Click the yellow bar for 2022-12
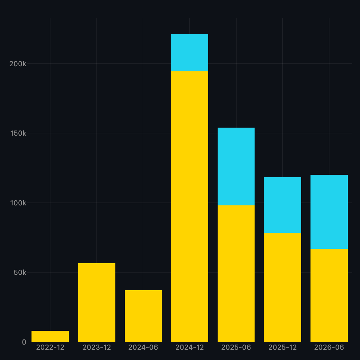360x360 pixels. click(50, 336)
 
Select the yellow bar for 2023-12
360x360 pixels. click(97, 302)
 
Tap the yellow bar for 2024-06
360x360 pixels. click(143, 316)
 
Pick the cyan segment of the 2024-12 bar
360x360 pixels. click(190, 53)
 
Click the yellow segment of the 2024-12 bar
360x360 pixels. click(190, 207)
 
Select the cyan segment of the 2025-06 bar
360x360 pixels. click(236, 166)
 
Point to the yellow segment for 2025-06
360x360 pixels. click(236, 274)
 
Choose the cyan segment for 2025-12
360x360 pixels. click(283, 205)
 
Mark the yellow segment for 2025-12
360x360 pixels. click(283, 287)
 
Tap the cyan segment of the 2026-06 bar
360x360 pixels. click(329, 212)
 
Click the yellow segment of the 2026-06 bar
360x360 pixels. click(329, 295)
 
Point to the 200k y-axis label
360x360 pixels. click(18, 64)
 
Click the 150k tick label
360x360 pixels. click(18, 133)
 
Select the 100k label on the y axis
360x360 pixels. click(18, 203)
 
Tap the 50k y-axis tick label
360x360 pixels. click(20, 273)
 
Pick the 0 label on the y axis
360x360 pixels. click(24, 342)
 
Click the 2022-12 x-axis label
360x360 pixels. click(50, 347)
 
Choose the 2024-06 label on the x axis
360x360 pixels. click(143, 347)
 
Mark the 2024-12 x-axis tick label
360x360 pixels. click(190, 347)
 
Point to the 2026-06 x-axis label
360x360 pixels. click(329, 347)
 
